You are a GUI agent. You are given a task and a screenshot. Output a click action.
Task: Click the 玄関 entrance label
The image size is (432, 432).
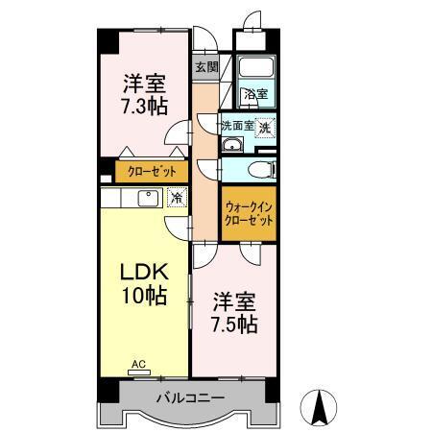coord(205,67)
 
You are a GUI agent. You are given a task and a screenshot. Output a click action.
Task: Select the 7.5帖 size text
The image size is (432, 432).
coord(233,324)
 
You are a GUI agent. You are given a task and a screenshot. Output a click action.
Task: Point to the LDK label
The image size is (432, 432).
coord(141,272)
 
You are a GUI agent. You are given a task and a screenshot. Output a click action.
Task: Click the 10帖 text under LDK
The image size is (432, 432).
coord(141,296)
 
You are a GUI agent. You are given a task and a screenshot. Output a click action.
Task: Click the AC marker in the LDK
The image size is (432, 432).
coord(138,364)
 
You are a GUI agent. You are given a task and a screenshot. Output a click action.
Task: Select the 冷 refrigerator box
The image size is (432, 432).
coord(177,198)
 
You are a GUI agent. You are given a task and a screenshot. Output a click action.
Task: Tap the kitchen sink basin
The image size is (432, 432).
coord(148,198)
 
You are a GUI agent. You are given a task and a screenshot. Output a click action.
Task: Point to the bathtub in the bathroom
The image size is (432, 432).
coord(256,69)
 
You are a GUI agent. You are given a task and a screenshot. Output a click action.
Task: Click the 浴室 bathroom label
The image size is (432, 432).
coord(254,94)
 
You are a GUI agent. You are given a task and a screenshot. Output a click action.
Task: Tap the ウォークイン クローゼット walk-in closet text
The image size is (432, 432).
coord(249,212)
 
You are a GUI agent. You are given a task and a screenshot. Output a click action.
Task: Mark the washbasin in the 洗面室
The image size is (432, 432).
coord(231,146)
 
